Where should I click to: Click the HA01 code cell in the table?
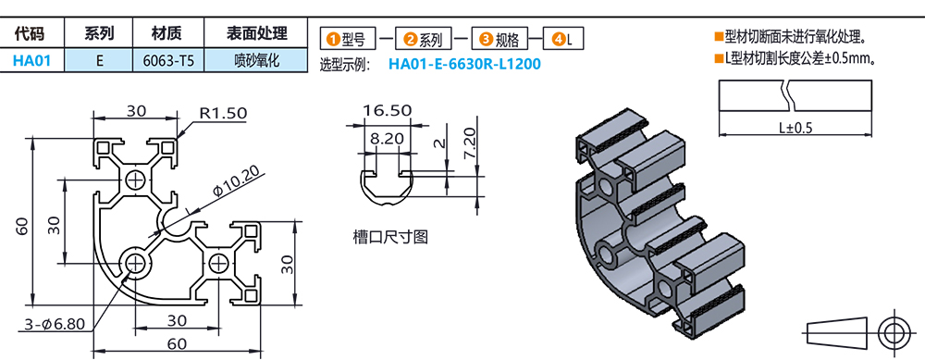(31, 61)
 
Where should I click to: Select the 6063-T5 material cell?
(168, 61)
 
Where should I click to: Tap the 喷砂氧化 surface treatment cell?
(256, 61)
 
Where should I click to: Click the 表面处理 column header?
(256, 33)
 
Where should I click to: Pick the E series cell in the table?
(99, 61)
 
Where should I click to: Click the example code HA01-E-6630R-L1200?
(464, 64)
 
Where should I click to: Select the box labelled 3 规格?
(499, 40)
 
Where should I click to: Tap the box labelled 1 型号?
(348, 40)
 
